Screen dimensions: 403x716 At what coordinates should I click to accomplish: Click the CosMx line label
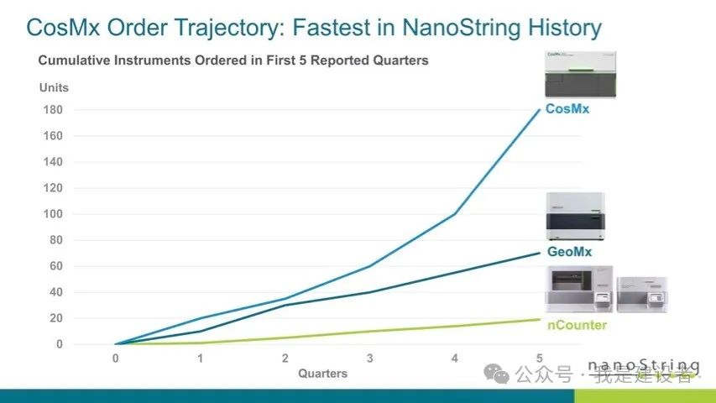(567, 108)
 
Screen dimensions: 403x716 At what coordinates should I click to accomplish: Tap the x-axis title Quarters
(322, 374)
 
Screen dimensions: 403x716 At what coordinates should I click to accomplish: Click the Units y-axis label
(54, 87)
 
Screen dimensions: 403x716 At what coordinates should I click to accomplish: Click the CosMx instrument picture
(579, 74)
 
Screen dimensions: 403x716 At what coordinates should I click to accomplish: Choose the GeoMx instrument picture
(578, 217)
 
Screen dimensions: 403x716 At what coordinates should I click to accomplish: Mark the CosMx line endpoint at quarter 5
(539, 110)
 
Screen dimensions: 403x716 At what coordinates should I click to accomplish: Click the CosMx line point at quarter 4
(454, 214)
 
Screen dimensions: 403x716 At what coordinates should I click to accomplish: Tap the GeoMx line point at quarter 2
(285, 305)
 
